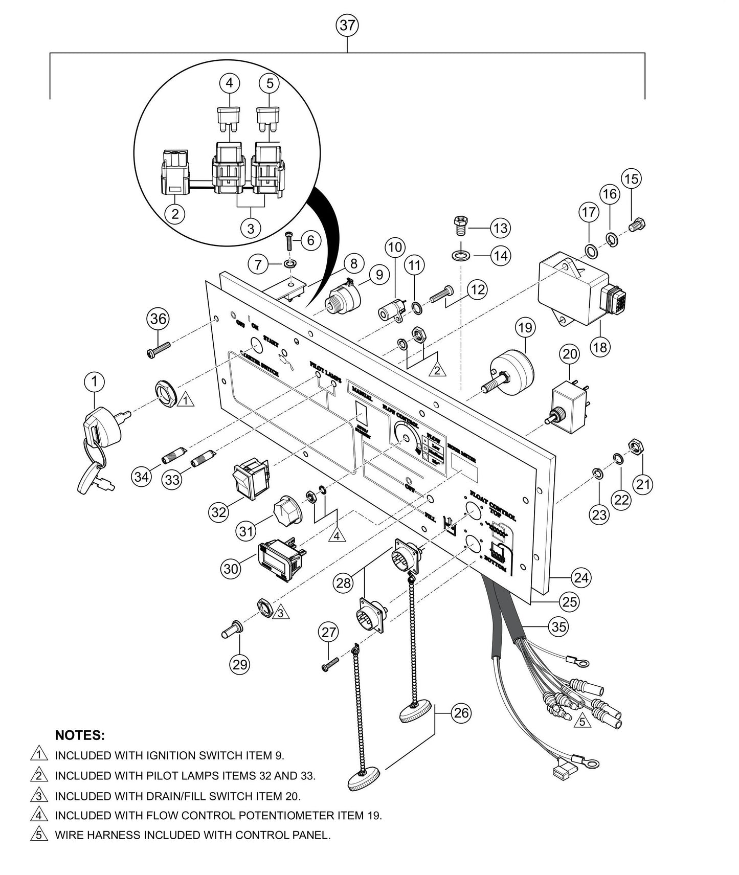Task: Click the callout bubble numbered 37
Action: pos(347,25)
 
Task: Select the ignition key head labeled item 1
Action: pos(102,427)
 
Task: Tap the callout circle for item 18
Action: pos(600,347)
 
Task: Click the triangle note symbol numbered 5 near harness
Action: pos(581,722)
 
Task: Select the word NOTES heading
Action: pos(80,735)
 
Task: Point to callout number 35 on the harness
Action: pos(559,626)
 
